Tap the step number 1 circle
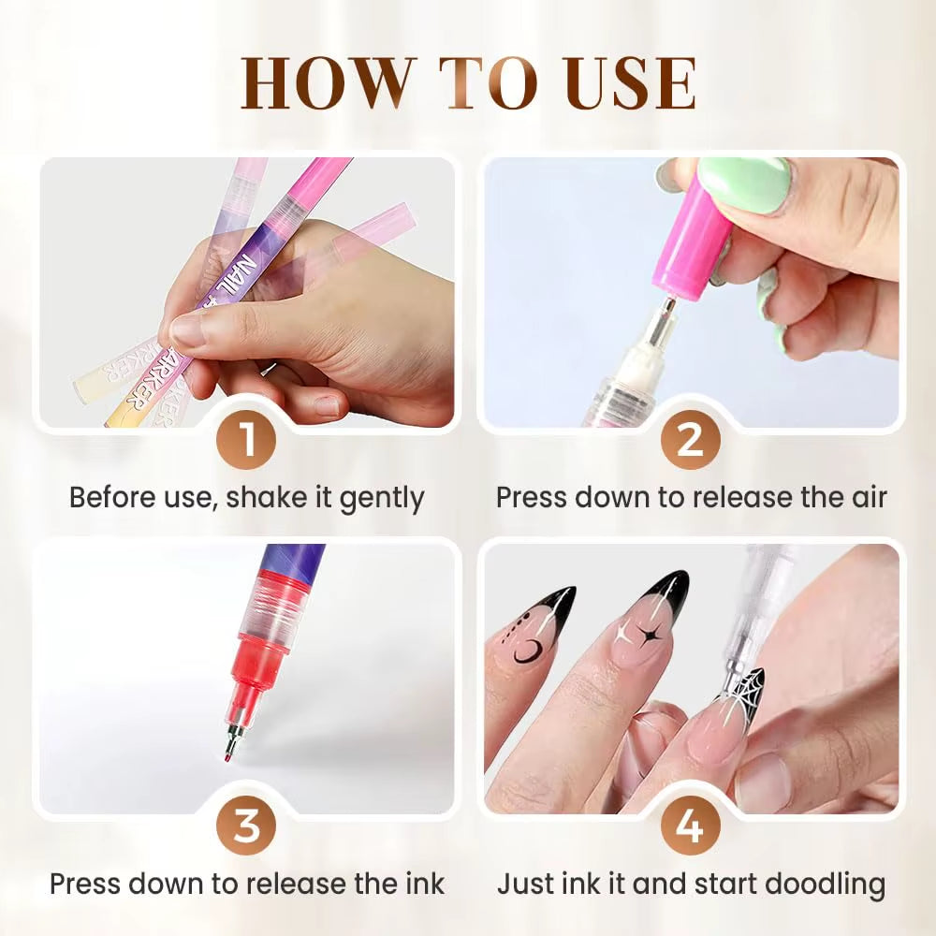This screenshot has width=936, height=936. click(247, 440)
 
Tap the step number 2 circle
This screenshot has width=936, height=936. click(690, 440)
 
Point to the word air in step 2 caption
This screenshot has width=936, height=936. click(862, 497)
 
